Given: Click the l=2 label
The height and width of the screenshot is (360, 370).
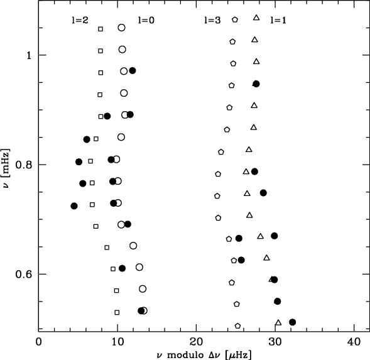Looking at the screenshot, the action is pos(80,20).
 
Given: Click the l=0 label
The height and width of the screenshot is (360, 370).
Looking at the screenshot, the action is pos(146,20).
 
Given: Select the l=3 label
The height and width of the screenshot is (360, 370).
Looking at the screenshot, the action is pos(212,20).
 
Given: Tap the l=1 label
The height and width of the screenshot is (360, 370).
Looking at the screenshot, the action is pos(278,20).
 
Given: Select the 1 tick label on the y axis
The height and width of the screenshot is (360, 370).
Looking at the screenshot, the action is pos(29,55).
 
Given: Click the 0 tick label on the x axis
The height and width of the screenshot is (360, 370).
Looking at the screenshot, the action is pos(38,342).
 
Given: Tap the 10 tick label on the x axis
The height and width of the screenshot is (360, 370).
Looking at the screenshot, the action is pos(117,342).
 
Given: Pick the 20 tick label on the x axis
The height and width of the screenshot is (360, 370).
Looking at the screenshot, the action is pos(196,342).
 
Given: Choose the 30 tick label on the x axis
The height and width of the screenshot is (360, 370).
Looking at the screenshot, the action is pos(275,342).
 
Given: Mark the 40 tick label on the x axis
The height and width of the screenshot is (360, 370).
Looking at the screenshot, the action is pos(354,342).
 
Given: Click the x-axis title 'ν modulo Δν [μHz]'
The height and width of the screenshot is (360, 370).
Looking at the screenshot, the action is pos(204,355).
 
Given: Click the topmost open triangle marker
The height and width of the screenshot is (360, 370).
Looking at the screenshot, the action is pos(256,18).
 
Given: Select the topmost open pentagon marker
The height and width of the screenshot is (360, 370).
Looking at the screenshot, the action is pos(235,19).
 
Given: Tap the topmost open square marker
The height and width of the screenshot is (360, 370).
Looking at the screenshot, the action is pos(101,29).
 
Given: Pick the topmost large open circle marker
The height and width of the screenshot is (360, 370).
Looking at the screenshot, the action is pos(121,28).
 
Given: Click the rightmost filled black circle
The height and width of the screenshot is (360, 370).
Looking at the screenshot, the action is pos(293,322).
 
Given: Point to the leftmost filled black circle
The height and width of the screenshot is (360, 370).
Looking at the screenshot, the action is pos(74,206).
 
